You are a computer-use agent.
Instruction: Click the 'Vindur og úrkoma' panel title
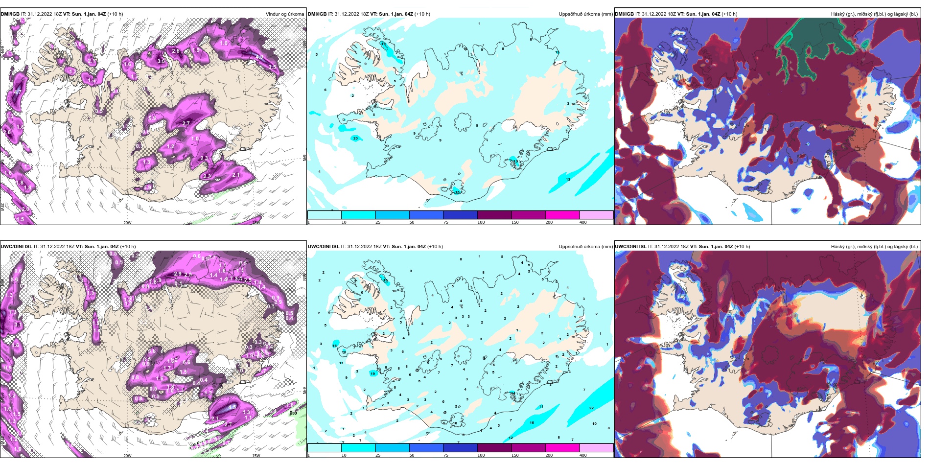coord(284,14)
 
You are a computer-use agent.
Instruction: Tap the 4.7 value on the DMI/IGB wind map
coord(18,92)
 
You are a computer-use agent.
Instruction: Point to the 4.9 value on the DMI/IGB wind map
coord(259,57)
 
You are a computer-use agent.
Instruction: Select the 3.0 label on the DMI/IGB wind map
coord(161,61)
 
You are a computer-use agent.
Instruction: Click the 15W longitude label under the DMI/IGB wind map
coord(256,223)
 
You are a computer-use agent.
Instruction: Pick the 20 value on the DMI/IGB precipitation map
coord(355,139)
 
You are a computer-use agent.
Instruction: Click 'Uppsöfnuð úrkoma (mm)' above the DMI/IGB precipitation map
coord(585,14)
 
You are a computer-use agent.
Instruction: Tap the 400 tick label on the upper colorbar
coord(583,222)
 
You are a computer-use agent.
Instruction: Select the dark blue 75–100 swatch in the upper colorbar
coord(460,215)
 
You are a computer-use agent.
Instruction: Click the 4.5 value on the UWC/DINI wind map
coord(232,407)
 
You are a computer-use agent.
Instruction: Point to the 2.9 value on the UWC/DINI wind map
coord(178,274)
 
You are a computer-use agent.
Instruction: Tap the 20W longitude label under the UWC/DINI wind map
coord(127,456)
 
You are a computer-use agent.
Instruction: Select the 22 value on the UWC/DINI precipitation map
coord(591,408)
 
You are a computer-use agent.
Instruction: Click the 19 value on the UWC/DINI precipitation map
coord(372,373)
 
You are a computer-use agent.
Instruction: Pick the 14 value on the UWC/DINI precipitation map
coord(512,393)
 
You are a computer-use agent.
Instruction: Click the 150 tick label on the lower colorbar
coord(515,455)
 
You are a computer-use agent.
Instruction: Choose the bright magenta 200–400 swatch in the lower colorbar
coord(562,448)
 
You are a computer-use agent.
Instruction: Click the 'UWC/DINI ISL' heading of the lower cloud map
coord(631,246)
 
